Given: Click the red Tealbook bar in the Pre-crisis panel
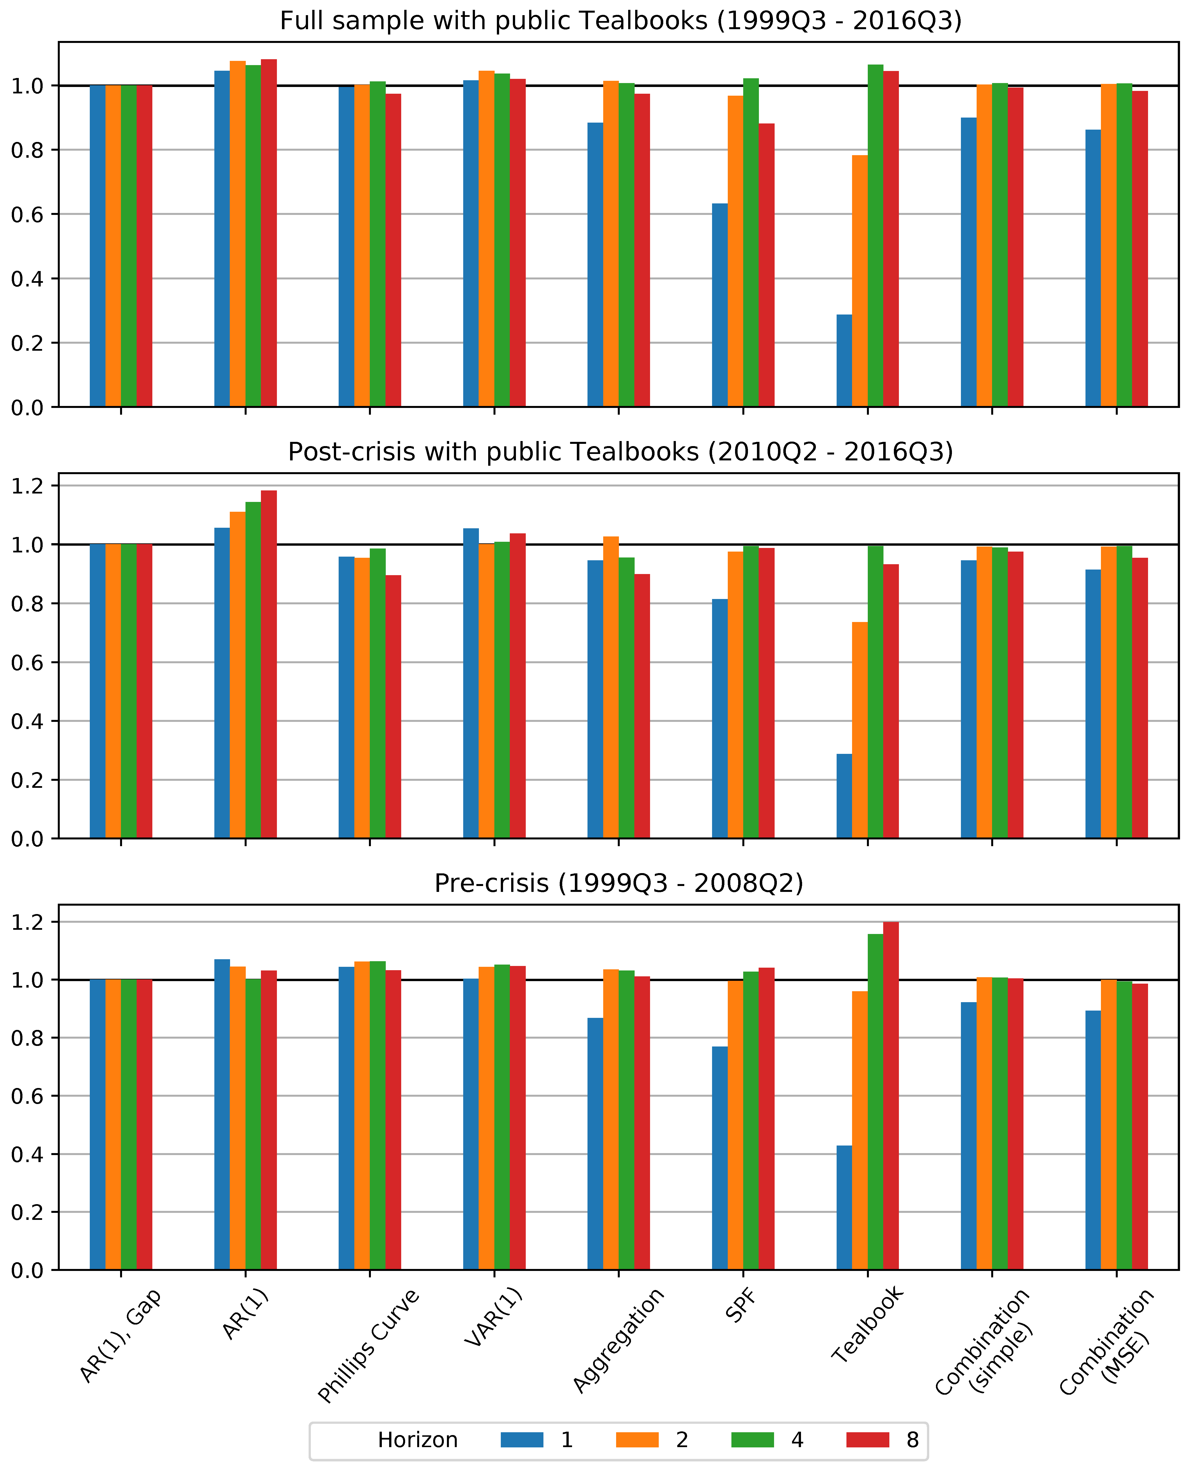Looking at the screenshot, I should pyautogui.click(x=890, y=1096).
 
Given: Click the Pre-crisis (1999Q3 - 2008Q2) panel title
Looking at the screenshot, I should pyautogui.click(x=618, y=883).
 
